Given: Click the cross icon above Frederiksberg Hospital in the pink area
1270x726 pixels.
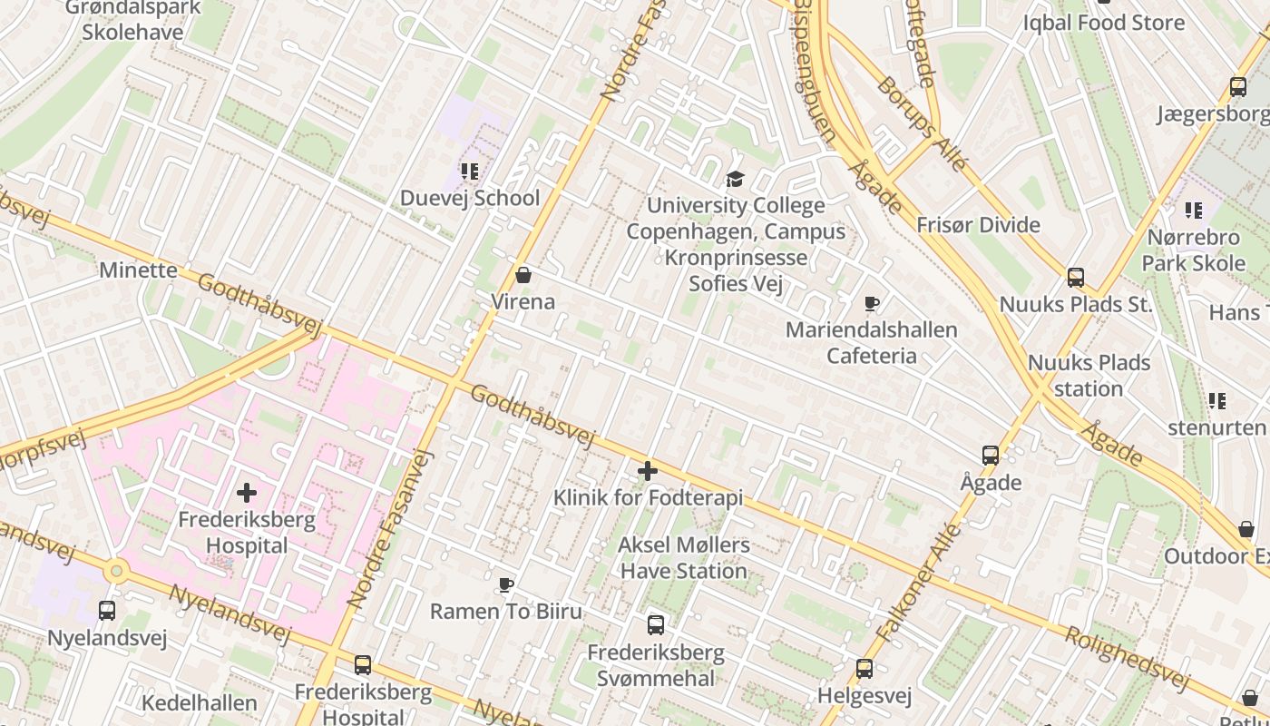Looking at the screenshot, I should point(246,493).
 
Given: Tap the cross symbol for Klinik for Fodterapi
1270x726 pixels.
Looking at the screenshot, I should point(648,471).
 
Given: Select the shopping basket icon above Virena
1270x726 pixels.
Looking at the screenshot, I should point(523,274).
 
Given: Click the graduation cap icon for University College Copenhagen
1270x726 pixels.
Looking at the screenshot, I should point(735,179).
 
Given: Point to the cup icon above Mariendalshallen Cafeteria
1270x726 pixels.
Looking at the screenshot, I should point(872,303).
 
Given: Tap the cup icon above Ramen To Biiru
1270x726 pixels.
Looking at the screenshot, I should point(506,584).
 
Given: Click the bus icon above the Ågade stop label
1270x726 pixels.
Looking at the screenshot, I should point(991,456).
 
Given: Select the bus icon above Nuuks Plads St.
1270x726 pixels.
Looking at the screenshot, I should point(1076,278).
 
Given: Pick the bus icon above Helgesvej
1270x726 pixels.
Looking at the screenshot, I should point(864,669).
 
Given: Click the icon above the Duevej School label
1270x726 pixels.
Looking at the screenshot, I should point(469,171).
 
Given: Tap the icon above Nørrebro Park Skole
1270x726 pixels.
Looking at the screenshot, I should point(1194,211).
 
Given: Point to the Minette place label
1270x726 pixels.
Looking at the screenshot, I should point(139,270).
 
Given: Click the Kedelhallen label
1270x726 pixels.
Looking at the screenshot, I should point(200,702).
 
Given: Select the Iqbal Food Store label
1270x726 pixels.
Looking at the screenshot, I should point(1104,23).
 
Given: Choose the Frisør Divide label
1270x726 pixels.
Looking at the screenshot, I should point(978,225).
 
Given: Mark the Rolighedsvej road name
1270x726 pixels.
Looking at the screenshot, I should point(1126,658).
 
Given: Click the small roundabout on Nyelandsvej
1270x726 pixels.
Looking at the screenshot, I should point(115,572).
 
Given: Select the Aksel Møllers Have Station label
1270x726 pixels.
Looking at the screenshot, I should point(683,557).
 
